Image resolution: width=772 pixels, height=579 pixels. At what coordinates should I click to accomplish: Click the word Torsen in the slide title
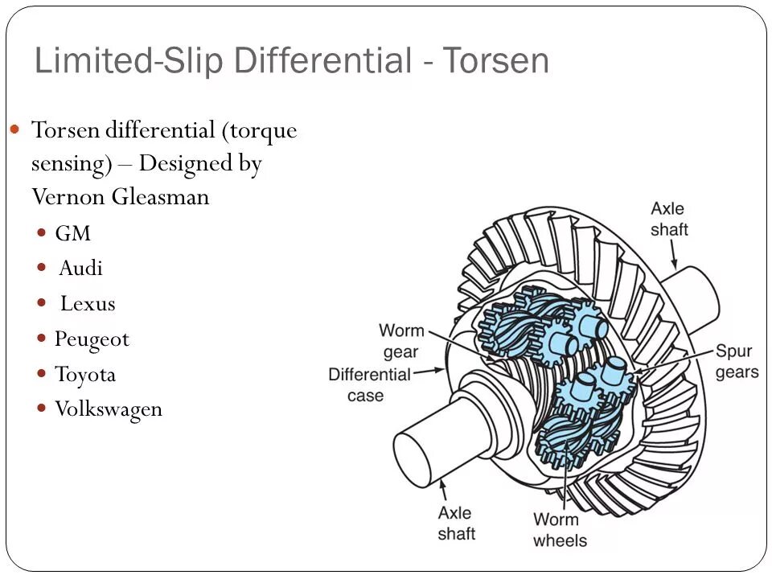click(494, 61)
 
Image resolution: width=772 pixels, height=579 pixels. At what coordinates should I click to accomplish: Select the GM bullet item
click(72, 234)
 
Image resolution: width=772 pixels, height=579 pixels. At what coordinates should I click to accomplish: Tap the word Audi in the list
click(80, 269)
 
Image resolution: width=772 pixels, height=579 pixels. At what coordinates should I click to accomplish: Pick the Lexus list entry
click(88, 304)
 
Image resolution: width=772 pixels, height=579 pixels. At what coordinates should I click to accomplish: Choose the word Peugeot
click(92, 339)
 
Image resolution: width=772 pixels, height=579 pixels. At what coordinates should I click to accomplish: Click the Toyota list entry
click(85, 375)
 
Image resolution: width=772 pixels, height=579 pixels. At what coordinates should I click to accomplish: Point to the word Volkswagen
click(109, 409)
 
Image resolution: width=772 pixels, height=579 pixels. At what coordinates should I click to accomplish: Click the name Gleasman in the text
click(161, 197)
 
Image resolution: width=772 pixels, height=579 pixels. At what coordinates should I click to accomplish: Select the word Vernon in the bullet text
click(68, 197)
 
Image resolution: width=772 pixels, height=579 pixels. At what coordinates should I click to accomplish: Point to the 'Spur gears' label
click(737, 362)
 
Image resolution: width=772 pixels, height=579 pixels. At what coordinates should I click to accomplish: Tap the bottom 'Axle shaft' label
click(456, 523)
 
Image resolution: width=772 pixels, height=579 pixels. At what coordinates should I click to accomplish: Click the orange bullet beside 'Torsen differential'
click(15, 129)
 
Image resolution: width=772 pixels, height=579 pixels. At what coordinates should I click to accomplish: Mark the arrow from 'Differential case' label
click(430, 372)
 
